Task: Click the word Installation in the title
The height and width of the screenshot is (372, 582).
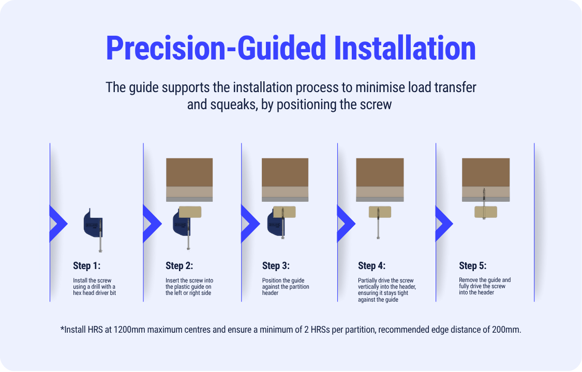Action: (x=405, y=48)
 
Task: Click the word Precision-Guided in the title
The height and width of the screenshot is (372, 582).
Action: (x=216, y=48)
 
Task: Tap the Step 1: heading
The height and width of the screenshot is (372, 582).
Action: (x=87, y=266)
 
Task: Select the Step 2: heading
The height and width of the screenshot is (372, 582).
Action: (x=180, y=266)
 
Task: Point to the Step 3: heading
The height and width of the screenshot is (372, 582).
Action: (x=276, y=266)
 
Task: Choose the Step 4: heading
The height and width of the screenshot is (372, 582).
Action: (x=371, y=266)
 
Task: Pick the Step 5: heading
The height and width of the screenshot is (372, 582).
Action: (x=472, y=266)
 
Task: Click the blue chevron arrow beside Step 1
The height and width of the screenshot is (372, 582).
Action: (x=58, y=224)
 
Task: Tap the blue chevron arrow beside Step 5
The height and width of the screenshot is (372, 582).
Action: (x=444, y=224)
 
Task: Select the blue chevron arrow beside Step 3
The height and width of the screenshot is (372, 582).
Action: (x=250, y=224)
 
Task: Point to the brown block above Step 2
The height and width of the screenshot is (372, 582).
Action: (x=189, y=172)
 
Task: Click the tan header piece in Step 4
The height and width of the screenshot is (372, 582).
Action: (x=380, y=212)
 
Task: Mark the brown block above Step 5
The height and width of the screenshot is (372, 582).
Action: (x=485, y=172)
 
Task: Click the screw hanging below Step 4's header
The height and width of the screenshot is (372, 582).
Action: (x=378, y=223)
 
